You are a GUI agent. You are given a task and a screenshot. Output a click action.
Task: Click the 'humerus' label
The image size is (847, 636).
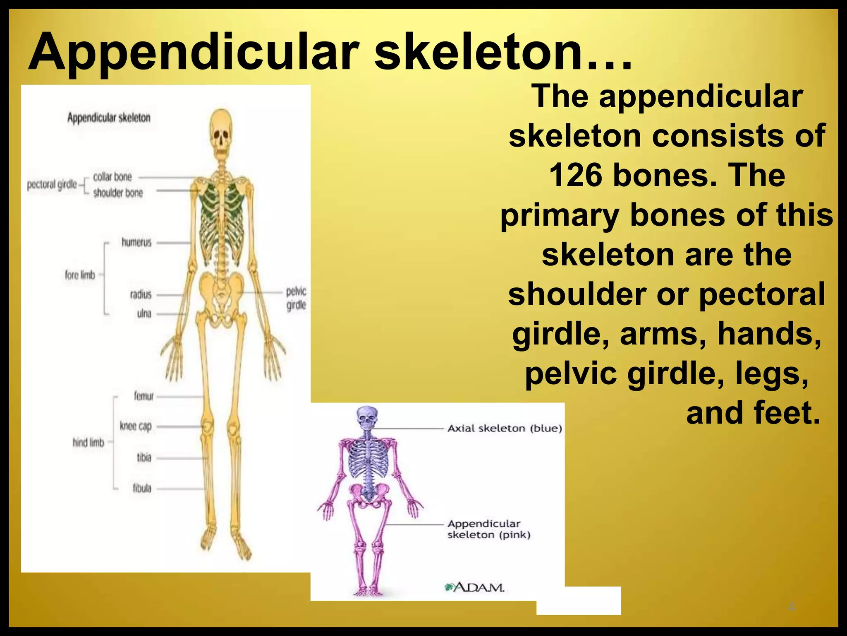136,242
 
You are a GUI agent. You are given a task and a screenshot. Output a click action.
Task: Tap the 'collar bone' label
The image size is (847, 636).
112,177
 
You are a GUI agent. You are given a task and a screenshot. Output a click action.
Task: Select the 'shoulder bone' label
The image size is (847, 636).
118,193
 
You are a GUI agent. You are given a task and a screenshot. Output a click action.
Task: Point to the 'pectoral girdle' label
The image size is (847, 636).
52,184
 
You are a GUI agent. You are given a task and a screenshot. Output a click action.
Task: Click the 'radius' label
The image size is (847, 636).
141,294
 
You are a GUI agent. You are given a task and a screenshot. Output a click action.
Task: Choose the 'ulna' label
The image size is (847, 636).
144,313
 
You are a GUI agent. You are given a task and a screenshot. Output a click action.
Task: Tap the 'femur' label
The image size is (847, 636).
144,396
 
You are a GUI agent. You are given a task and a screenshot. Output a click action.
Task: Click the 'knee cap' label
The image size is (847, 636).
136,426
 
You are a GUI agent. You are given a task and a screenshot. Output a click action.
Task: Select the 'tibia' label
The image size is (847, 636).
144,458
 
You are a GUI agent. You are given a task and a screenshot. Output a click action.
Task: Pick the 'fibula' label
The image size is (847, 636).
142,488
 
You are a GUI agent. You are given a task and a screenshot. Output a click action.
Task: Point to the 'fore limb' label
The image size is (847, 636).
80,275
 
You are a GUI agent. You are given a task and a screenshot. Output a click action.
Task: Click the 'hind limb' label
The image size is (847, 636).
88,443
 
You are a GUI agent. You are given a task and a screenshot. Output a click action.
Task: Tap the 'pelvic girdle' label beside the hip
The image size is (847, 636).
296,298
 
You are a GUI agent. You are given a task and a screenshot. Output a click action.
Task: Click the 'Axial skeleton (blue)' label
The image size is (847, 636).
505,428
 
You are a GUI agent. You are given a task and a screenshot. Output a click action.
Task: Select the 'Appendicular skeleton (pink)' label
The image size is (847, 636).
488,529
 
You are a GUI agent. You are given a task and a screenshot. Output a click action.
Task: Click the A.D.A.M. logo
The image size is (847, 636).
474,587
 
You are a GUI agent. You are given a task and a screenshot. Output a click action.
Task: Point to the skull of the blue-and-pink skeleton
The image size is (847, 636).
367,418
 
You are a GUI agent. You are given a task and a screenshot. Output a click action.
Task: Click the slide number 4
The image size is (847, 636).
792,607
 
